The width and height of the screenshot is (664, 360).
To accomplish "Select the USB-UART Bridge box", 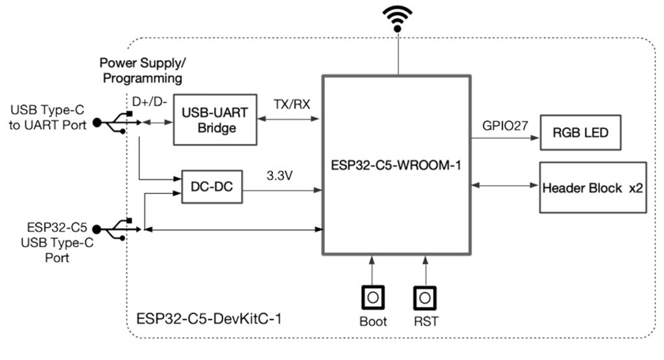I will [x=217, y=121].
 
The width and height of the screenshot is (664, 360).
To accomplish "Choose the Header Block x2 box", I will [x=593, y=187].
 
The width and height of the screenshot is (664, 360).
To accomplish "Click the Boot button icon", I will [x=372, y=298].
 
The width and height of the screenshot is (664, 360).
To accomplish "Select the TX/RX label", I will [x=289, y=104].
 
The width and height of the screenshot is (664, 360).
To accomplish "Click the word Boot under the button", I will [x=373, y=321].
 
